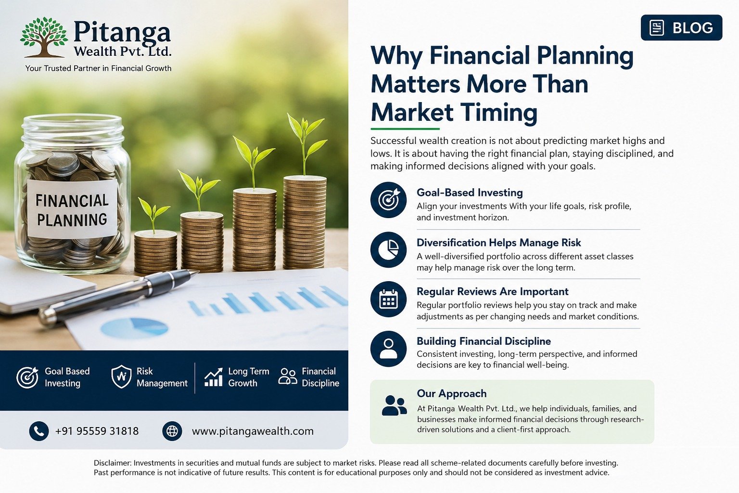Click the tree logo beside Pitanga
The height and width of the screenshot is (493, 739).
coord(44,37)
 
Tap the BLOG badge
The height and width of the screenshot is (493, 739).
coord(681,28)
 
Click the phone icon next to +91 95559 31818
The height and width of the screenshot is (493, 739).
coord(39,431)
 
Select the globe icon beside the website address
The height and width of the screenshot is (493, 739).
coord(172,431)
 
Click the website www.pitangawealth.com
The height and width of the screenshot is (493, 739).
coord(253,431)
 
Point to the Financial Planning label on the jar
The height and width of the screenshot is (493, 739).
coord(72,209)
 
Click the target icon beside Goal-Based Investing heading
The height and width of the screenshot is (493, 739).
coord(388,200)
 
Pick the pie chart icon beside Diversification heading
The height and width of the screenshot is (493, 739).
coord(388,250)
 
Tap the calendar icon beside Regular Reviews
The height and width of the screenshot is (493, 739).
coord(388,299)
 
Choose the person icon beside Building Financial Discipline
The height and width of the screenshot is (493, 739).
coord(388,349)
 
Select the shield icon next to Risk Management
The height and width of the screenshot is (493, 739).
coord(121,376)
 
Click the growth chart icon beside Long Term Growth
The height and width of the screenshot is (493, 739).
coord(213,377)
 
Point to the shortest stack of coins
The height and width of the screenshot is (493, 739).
coord(155,251)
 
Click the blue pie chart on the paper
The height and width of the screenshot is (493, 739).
coord(134,327)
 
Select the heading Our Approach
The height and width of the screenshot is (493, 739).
coord(452,393)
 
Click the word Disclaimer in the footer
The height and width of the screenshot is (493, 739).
coord(113,463)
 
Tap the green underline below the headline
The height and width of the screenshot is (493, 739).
coord(405,129)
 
